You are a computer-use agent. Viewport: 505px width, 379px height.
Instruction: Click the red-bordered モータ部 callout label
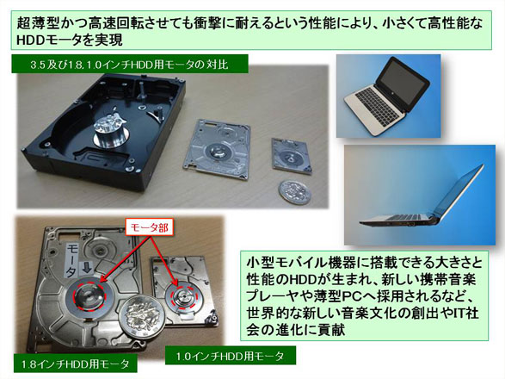pos(150,227)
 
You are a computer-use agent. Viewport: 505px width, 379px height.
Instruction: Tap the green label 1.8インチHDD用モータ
pos(76,364)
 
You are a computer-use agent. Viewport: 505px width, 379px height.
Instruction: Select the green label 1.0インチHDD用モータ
pos(231,356)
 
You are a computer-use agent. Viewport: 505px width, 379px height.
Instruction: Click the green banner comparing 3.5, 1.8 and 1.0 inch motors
pos(129,65)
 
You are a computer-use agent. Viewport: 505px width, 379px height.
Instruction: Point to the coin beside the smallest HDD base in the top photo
pos(295,192)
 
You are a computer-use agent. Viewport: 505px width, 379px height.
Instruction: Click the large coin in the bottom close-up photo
pos(141,315)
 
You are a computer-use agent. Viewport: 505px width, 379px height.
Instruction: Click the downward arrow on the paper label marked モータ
pos(87,266)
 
